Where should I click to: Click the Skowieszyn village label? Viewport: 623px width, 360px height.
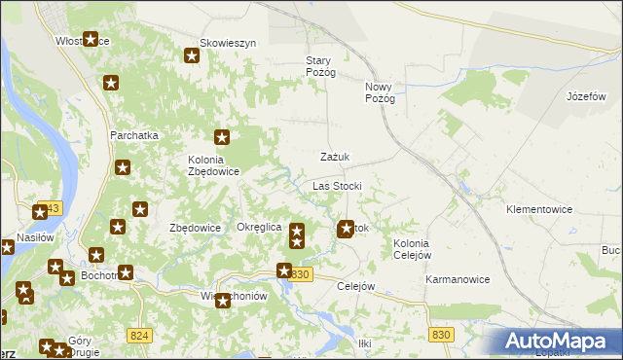click(227, 43)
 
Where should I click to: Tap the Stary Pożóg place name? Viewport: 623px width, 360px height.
click(320, 66)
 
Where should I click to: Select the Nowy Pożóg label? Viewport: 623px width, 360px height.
click(380, 92)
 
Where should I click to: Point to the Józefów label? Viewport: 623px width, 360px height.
click(586, 97)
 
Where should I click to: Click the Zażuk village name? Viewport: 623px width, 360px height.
click(335, 157)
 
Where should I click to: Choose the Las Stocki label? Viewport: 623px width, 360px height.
click(337, 185)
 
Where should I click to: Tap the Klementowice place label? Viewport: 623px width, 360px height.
click(538, 209)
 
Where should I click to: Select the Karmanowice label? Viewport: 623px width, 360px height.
click(457, 279)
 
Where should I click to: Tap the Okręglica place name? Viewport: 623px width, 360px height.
click(259, 227)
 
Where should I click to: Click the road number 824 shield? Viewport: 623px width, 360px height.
click(139, 336)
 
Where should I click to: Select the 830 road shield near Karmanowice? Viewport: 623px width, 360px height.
click(441, 335)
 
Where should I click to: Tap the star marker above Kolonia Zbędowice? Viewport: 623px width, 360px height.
click(222, 138)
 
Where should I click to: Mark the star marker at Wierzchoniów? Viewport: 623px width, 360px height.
click(223, 301)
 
